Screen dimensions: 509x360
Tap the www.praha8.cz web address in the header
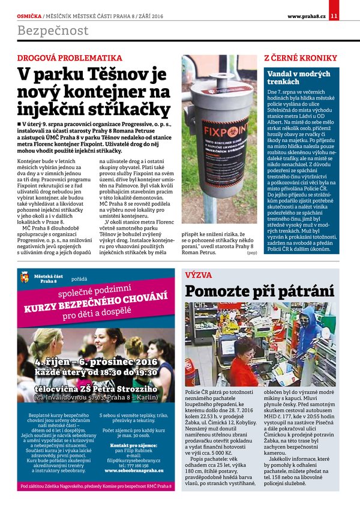[x=306, y=16]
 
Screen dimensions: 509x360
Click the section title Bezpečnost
[x=53, y=31]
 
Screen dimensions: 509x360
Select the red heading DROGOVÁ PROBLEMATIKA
[x=70, y=58]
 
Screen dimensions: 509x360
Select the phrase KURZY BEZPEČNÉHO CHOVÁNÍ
[x=95, y=302]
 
